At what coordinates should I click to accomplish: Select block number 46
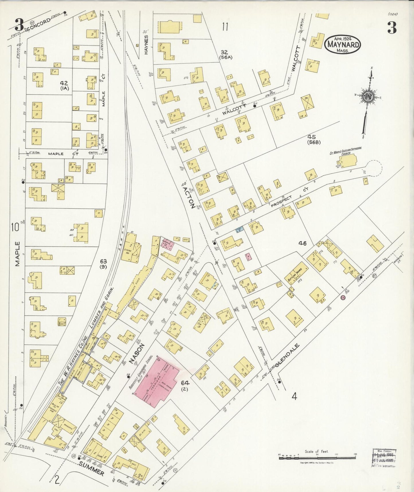[302, 243]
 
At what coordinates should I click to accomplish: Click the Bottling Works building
[297, 273]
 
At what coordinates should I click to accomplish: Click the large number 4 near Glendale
[294, 397]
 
